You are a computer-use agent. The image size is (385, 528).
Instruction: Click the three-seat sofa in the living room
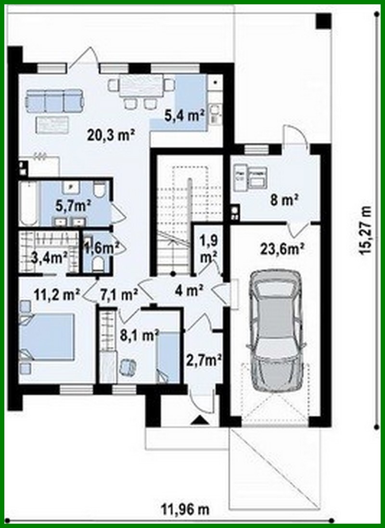[53, 101]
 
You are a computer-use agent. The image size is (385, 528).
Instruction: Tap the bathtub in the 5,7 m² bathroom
[29, 203]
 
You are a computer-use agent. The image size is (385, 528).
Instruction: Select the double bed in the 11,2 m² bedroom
[47, 337]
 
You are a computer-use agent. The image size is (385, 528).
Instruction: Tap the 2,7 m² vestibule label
[203, 359]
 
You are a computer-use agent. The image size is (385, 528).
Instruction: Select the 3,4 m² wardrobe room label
[48, 257]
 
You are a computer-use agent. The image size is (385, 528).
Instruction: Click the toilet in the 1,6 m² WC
[97, 263]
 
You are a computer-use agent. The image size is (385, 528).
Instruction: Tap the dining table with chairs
[141, 88]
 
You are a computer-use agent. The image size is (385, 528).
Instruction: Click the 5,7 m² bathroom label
[74, 206]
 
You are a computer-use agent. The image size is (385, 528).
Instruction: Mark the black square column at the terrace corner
[323, 21]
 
